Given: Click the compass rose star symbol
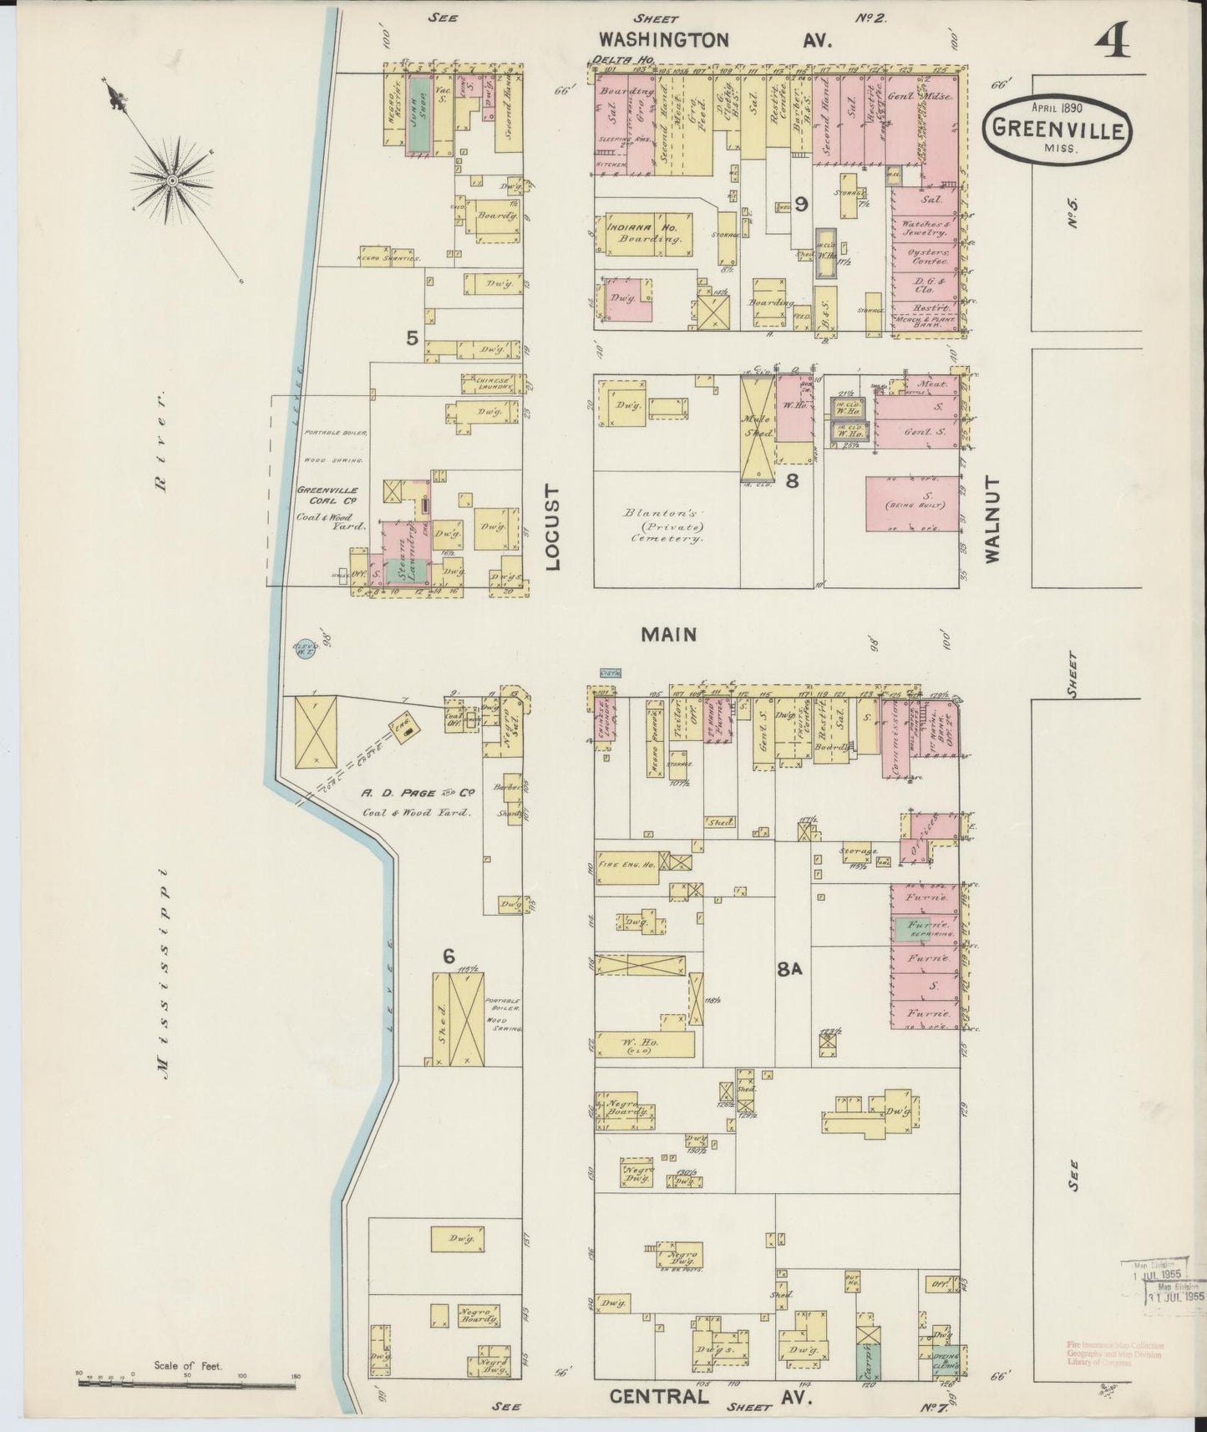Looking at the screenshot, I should point(171,180).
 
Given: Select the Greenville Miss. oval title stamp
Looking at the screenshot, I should point(1057,128).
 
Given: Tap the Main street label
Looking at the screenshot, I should point(668,635).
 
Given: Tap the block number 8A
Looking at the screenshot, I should point(789,969).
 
